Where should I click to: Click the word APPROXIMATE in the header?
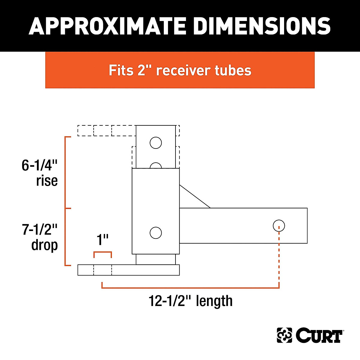click(108, 26)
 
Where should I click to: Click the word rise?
click(47, 181)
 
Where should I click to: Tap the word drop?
click(44, 245)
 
